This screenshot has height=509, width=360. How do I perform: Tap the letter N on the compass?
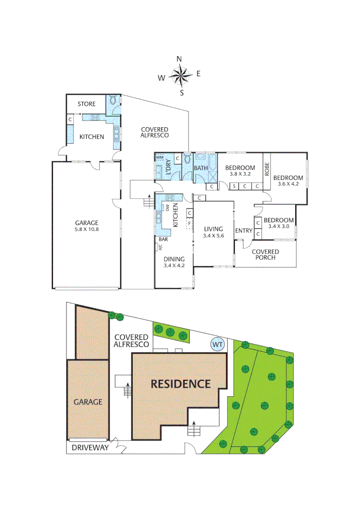point(179,59)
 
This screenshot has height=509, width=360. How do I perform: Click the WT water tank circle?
point(217,345)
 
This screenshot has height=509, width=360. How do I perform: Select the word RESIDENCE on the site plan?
point(180,384)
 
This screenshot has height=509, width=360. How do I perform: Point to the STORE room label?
point(86,104)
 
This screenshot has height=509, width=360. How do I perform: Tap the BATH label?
point(201,168)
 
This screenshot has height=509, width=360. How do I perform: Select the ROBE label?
point(267,170)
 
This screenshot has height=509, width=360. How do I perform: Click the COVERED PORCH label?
point(265,254)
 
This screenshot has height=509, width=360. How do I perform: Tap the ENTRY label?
point(244,230)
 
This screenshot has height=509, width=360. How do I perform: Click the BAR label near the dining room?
point(164,239)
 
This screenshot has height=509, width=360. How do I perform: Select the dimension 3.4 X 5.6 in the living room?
point(213,236)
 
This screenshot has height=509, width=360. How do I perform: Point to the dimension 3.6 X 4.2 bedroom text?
point(288,184)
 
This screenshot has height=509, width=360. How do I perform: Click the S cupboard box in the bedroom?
point(234,187)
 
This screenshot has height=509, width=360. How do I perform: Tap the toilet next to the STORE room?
point(113,101)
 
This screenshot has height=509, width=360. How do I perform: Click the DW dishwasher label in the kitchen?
point(167,207)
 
